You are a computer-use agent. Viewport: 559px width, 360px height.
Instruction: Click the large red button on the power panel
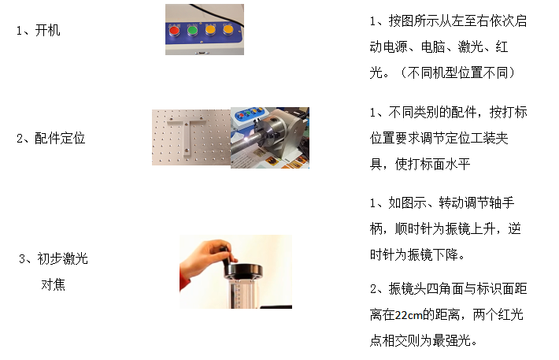174,31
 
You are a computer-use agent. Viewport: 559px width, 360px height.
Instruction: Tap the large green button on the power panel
193,31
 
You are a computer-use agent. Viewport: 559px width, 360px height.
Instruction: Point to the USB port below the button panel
202,53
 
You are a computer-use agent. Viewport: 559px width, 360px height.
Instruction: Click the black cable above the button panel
214,13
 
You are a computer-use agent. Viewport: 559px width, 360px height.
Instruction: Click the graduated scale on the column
238,293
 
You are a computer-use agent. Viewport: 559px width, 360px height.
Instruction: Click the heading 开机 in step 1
48,30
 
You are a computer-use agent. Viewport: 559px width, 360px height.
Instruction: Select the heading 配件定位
60,138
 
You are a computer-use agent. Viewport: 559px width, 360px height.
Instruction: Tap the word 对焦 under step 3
53,284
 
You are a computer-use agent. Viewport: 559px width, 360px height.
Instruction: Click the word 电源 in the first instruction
395,46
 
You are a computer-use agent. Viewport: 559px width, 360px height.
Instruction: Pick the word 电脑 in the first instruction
433,46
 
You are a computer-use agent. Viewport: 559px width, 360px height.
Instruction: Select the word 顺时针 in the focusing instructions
413,228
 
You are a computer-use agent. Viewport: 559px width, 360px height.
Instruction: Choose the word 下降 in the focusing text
446,254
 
